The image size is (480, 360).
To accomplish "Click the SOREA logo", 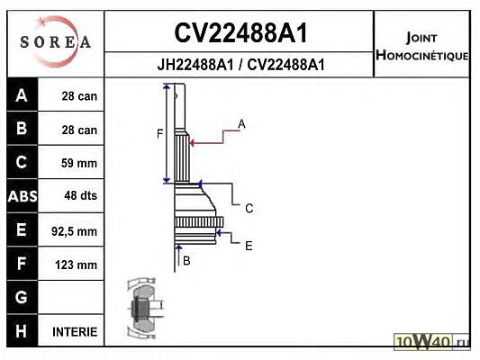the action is tap(55, 42).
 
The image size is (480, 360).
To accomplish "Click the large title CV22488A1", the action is tap(240, 33).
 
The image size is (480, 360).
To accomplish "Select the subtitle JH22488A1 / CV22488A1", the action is tap(240, 65).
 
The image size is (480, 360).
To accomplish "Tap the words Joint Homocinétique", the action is tap(421, 47).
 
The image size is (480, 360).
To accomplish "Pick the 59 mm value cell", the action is tap(71, 162).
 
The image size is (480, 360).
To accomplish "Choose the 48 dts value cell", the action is tap(71, 196).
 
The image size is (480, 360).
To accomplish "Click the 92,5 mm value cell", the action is tap(71, 230).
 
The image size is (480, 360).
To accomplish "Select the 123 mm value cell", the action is tap(71, 265).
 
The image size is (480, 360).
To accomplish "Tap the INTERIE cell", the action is tap(71, 331).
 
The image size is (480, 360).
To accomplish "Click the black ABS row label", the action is tap(23, 196).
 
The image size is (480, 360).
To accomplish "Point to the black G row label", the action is tap(23, 297).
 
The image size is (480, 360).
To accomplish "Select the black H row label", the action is tap(23, 331).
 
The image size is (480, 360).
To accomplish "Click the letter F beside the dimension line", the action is tap(159, 134).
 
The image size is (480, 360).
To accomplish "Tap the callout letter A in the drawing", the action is tap(241, 124).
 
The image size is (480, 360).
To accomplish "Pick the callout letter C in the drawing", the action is tap(249, 208).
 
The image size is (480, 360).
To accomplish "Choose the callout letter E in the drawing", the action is tap(249, 246).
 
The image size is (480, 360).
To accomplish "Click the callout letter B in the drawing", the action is tap(186, 261).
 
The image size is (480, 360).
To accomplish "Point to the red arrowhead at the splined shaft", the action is tap(192, 143).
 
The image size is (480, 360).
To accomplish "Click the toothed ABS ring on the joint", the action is tap(199, 221).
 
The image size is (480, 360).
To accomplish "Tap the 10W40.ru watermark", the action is tap(431, 341).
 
